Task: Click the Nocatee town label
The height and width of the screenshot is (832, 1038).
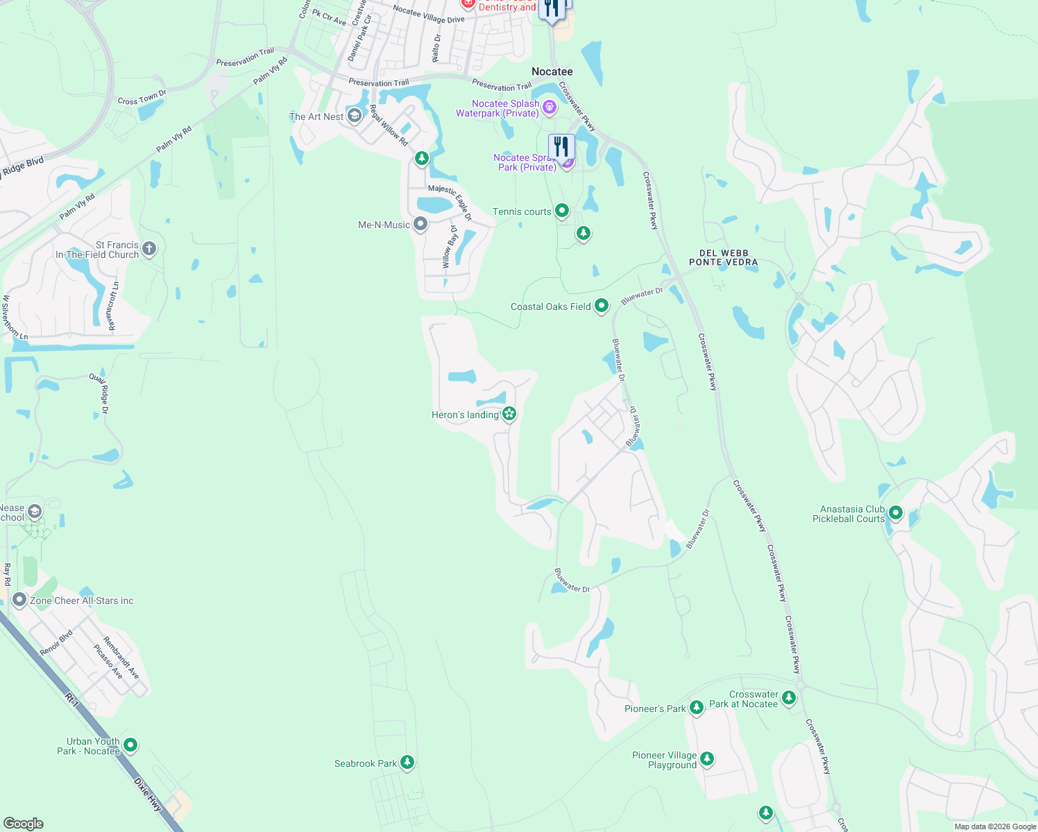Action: tap(552, 71)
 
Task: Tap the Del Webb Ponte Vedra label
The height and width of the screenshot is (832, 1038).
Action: tap(723, 258)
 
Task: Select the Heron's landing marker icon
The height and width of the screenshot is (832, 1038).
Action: tap(510, 414)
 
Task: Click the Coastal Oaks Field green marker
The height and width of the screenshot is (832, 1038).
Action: tap(602, 305)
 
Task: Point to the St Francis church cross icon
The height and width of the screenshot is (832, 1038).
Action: tap(148, 248)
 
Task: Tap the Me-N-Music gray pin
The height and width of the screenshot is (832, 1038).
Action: tap(420, 224)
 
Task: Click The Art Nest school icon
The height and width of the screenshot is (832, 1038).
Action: tap(355, 116)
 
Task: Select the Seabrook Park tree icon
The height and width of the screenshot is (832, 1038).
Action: tap(407, 763)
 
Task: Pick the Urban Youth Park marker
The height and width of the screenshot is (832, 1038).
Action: tap(130, 745)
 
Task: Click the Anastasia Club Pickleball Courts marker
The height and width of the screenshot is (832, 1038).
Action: tap(896, 513)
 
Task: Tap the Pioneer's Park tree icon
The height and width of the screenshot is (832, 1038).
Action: tap(697, 708)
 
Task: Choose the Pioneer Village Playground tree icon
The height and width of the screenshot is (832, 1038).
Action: tap(707, 759)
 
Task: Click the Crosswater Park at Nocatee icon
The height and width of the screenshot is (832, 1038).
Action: tap(789, 697)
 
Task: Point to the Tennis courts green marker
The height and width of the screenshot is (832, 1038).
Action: tap(562, 210)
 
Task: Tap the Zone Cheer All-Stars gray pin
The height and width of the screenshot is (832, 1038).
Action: tap(19, 600)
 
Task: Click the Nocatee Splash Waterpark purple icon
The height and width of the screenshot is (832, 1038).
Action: tap(550, 107)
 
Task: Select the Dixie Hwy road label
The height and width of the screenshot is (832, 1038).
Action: tap(148, 795)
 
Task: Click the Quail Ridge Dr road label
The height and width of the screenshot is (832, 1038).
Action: tap(99, 393)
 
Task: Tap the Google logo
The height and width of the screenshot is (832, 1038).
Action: tap(23, 823)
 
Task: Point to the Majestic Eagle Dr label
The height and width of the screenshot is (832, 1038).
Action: tap(450, 202)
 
